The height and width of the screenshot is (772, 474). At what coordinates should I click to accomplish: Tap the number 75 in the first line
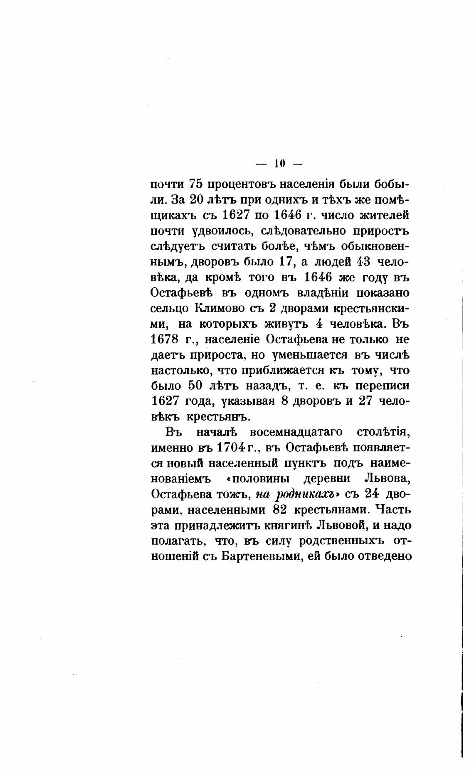tap(195, 184)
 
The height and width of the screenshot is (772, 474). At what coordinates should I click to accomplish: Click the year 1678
tap(164, 339)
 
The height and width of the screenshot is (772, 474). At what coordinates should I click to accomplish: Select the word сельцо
tap(170, 309)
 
